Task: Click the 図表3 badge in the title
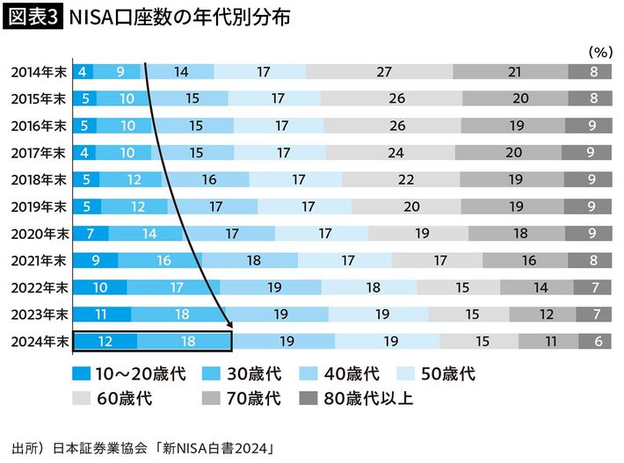(x=33, y=18)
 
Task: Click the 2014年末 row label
(x=37, y=72)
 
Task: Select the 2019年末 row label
(x=37, y=207)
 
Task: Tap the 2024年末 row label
(x=37, y=342)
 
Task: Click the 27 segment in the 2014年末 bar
(x=383, y=72)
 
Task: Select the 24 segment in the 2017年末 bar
(x=396, y=153)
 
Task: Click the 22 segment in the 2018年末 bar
(x=406, y=180)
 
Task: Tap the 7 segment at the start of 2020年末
(x=91, y=234)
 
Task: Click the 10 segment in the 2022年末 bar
(x=99, y=288)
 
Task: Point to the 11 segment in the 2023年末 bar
(x=102, y=315)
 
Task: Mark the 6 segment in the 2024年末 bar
(x=598, y=342)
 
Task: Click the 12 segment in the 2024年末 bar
(x=105, y=342)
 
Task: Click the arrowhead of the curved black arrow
(x=228, y=324)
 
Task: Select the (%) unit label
(x=599, y=51)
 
